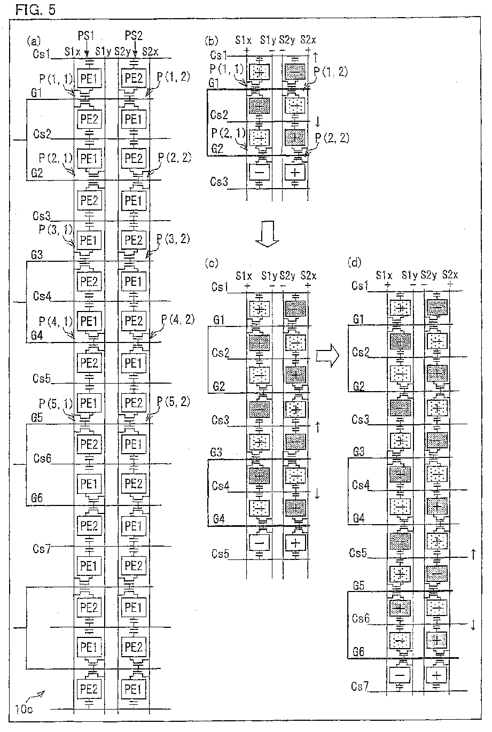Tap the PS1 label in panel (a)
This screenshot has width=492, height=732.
pyautogui.click(x=87, y=36)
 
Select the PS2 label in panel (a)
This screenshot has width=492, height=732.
pyautogui.click(x=134, y=36)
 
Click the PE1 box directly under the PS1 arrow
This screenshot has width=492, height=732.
pyautogui.click(x=88, y=77)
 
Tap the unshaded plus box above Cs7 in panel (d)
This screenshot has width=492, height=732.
pyautogui.click(x=438, y=675)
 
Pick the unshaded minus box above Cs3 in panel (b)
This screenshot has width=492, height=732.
pyautogui.click(x=259, y=172)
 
